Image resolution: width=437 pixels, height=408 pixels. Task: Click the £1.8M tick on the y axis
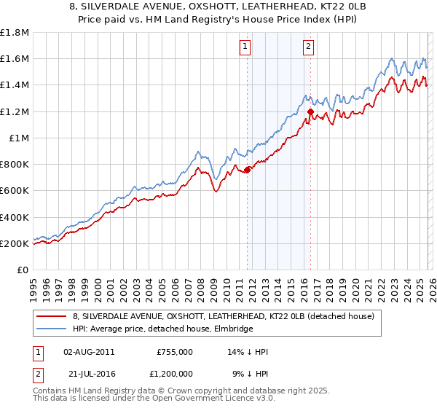[15, 33]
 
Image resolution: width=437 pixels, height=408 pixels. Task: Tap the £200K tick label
[15, 243]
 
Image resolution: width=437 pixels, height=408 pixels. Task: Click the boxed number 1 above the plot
[245, 47]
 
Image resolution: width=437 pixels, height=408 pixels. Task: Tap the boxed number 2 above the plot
[309, 47]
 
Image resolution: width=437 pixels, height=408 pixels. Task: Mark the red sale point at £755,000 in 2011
[247, 170]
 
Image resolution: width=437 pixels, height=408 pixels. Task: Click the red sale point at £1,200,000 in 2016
[310, 111]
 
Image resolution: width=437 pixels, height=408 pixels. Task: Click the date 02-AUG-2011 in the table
[89, 351]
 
